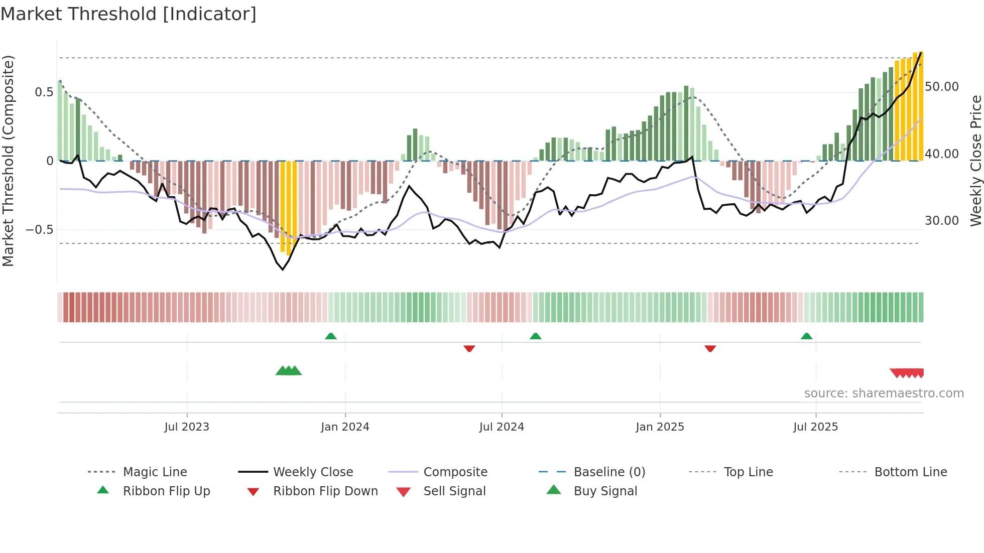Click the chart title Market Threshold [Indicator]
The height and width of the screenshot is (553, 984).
pos(129,14)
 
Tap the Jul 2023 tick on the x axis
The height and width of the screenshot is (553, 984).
pos(187,427)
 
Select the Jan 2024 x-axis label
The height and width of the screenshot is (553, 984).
pos(345,427)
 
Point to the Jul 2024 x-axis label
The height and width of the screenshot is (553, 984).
pos(502,427)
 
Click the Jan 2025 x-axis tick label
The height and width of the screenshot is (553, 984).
pos(660,427)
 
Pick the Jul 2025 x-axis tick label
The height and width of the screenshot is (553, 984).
pos(816,427)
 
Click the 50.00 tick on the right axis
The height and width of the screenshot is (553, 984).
pos(942,87)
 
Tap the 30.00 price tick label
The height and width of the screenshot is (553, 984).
pos(942,221)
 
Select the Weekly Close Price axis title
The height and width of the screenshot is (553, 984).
pos(975,161)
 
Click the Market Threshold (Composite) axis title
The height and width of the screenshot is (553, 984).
pos(8,161)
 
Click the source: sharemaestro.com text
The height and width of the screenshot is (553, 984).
pos(884,393)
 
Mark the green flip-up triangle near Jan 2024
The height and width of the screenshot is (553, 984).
pos(331,336)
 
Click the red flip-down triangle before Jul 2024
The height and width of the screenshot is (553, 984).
pos(469,348)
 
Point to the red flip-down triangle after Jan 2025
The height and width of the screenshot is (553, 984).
pos(710,348)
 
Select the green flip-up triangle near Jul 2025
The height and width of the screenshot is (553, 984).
pos(806,336)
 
